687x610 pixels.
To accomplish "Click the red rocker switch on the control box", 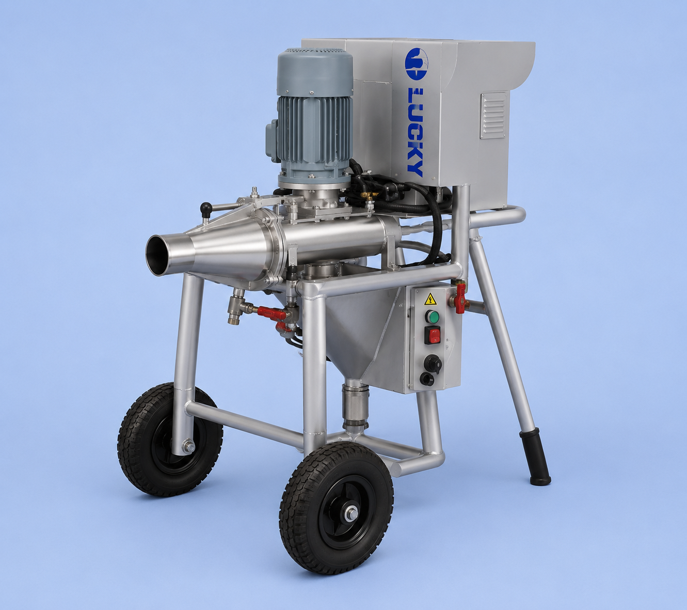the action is click(x=433, y=335).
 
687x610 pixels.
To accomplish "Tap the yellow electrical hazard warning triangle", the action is click(x=430, y=299).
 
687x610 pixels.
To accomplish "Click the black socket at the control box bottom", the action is click(x=426, y=379).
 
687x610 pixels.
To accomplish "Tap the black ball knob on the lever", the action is click(x=205, y=208).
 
